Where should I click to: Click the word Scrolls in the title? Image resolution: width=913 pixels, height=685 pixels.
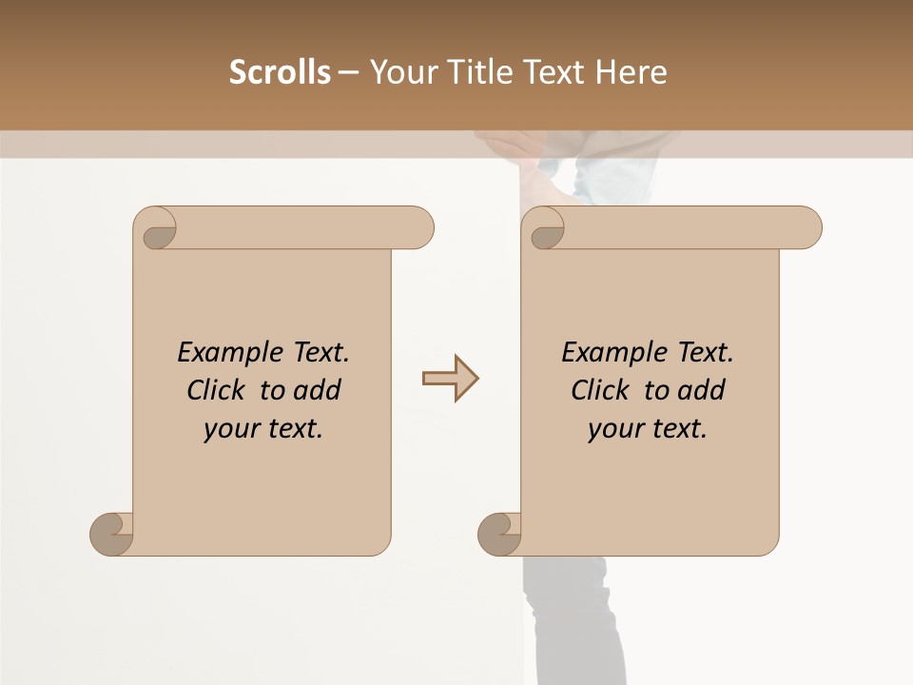pos(280,72)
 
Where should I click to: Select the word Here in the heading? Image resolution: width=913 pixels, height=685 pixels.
pos(631,72)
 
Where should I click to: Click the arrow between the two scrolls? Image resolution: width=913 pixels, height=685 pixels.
pos(450,379)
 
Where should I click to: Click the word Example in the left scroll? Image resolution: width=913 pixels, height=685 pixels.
pos(223,353)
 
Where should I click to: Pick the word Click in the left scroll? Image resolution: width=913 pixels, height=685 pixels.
pos(217,390)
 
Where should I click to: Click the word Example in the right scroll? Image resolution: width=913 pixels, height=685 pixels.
pos(608,353)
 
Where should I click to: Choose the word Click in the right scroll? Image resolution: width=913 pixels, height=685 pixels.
pos(601,390)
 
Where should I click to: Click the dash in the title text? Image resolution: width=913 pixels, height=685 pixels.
pos(348,73)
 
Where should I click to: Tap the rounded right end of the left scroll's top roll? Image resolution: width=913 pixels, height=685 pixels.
pos(418,227)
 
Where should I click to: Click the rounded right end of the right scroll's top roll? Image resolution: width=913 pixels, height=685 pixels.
pos(806,227)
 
